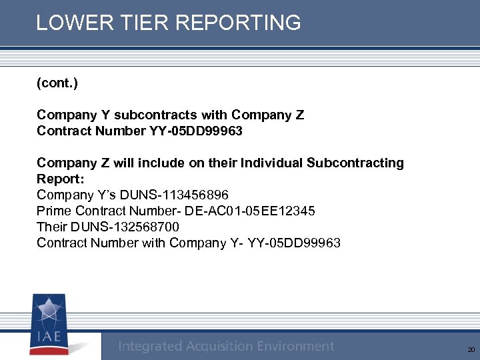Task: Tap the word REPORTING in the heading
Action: click(x=238, y=23)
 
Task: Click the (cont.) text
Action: click(x=57, y=83)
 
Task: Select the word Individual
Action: click(x=272, y=163)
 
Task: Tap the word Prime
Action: click(x=54, y=211)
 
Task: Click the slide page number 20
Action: click(x=471, y=350)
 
